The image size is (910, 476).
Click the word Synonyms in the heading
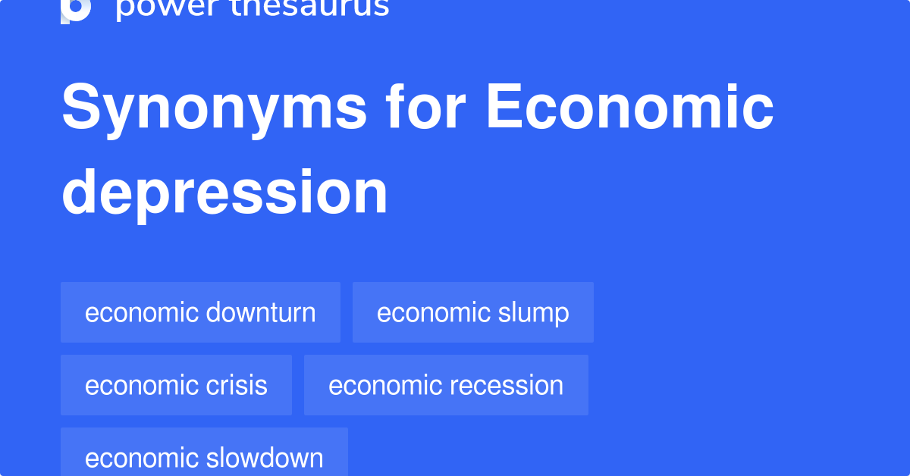coord(214,108)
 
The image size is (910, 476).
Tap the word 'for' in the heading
coord(425,108)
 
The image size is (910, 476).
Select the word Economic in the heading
coord(629,108)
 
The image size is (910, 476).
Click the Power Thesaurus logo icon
coord(76,9)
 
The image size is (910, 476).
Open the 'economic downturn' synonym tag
coord(200,312)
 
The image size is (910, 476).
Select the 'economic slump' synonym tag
coord(472,312)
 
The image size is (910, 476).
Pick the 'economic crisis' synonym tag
coord(176,385)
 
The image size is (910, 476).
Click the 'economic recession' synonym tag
coord(446,385)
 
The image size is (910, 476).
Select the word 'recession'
coord(507,385)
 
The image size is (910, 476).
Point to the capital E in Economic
coord(503,108)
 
